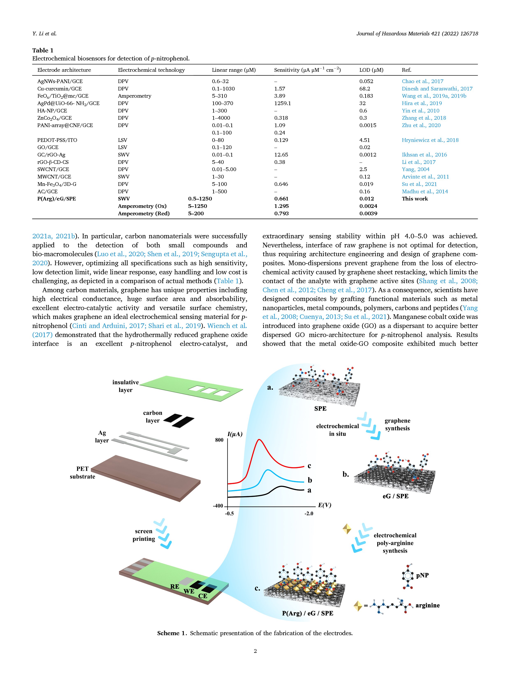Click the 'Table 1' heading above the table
point(43,50)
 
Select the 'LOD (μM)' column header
point(371,70)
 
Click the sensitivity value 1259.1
point(282,103)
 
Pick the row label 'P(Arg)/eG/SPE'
point(56,199)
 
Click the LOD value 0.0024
point(368,206)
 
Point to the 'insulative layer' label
point(125,386)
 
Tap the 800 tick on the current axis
point(219,440)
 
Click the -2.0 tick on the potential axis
point(309,513)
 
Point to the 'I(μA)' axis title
point(235,434)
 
